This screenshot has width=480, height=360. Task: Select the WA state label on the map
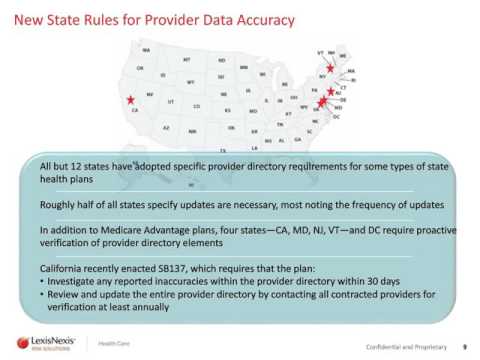pyautogui.click(x=146, y=49)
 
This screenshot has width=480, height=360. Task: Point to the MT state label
pyautogui.click(x=187, y=58)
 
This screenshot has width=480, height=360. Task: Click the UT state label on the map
pyautogui.click(x=171, y=101)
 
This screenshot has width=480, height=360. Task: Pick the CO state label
pyautogui.click(x=197, y=105)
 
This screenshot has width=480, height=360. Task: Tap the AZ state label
pyautogui.click(x=166, y=128)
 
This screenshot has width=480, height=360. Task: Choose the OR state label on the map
pyautogui.click(x=140, y=68)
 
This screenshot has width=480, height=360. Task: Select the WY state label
pyautogui.click(x=190, y=82)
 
